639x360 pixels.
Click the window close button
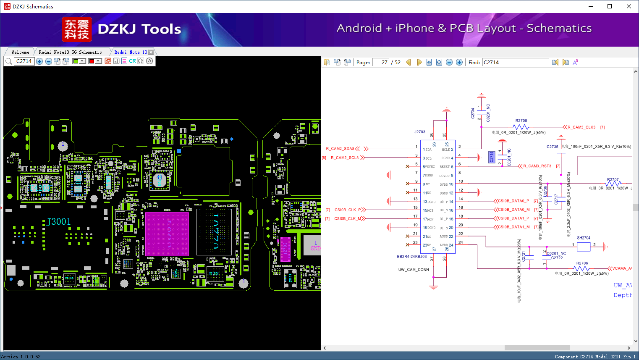click(x=629, y=6)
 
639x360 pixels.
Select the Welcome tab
click(x=20, y=52)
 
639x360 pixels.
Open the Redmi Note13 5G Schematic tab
click(x=70, y=52)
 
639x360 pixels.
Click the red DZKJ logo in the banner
click(x=76, y=29)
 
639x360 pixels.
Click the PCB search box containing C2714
click(x=24, y=61)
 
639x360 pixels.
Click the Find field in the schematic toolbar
click(x=516, y=63)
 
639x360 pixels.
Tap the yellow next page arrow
click(x=419, y=62)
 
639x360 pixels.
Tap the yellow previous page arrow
click(x=408, y=62)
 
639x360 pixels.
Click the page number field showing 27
click(x=381, y=63)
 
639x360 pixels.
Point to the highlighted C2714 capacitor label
click(x=491, y=157)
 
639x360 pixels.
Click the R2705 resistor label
click(x=521, y=121)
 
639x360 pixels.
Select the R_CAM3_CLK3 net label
click(x=581, y=127)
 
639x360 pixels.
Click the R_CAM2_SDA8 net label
click(x=340, y=149)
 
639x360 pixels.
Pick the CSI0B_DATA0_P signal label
click(x=513, y=201)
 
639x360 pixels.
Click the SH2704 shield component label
click(x=583, y=238)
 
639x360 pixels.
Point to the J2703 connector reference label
click(x=420, y=132)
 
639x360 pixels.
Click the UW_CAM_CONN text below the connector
click(x=414, y=270)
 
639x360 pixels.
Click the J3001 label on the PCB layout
click(x=59, y=222)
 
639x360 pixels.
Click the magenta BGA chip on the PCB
click(x=167, y=234)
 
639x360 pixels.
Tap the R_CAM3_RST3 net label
click(x=537, y=166)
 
